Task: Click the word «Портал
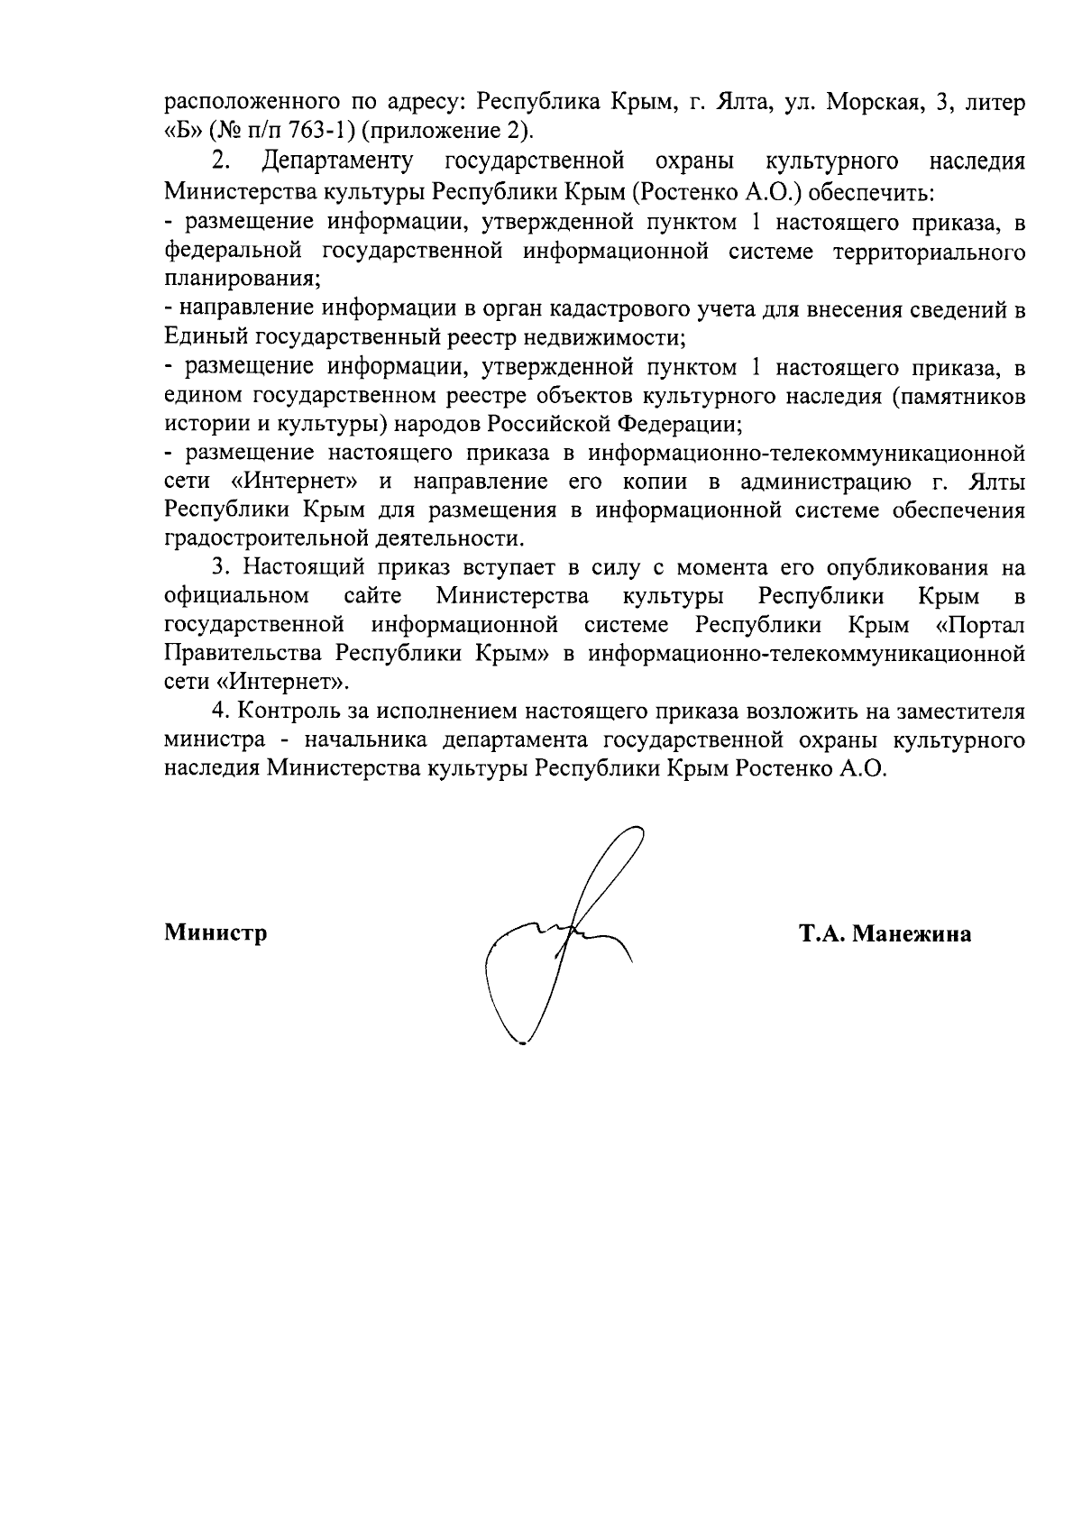pyautogui.click(x=980, y=625)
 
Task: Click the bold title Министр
pyautogui.click(x=215, y=933)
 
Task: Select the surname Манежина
pyautogui.click(x=912, y=934)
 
